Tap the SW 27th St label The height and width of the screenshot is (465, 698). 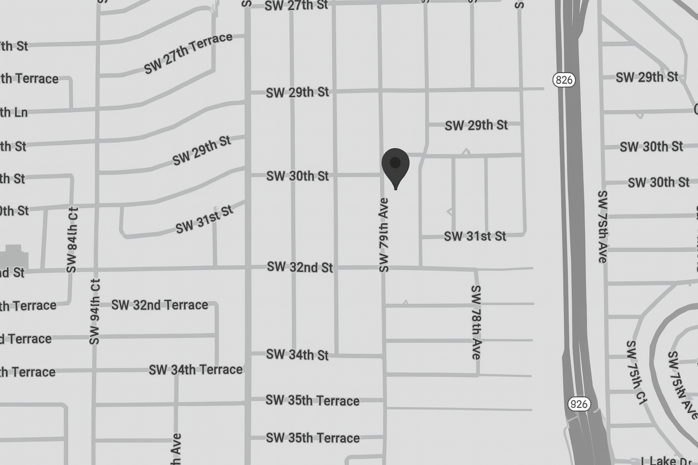click(x=296, y=5)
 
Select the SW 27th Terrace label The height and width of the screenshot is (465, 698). click(x=188, y=53)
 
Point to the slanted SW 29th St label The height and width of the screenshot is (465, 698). click(x=201, y=151)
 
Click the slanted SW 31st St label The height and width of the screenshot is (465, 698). click(x=204, y=219)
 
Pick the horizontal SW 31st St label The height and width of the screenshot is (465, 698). click(x=475, y=236)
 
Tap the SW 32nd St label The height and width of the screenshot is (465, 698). click(x=299, y=267)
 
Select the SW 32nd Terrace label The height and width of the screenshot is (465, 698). click(x=160, y=305)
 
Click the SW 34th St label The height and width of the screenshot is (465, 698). click(x=297, y=354)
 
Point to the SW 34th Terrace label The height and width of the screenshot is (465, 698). click(x=195, y=370)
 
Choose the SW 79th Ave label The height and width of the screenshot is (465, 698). click(x=384, y=235)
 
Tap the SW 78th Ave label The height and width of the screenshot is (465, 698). click(x=476, y=322)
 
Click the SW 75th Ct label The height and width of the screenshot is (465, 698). click(x=636, y=372)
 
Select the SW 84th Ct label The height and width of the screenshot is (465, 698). click(x=72, y=240)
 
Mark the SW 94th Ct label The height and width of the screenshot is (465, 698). click(x=95, y=312)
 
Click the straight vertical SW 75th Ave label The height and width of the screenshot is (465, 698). click(x=603, y=226)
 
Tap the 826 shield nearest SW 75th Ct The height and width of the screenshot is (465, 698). click(x=578, y=404)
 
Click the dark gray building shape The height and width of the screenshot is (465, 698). click(x=14, y=256)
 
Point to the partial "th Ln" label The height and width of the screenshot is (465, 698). click(x=14, y=112)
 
